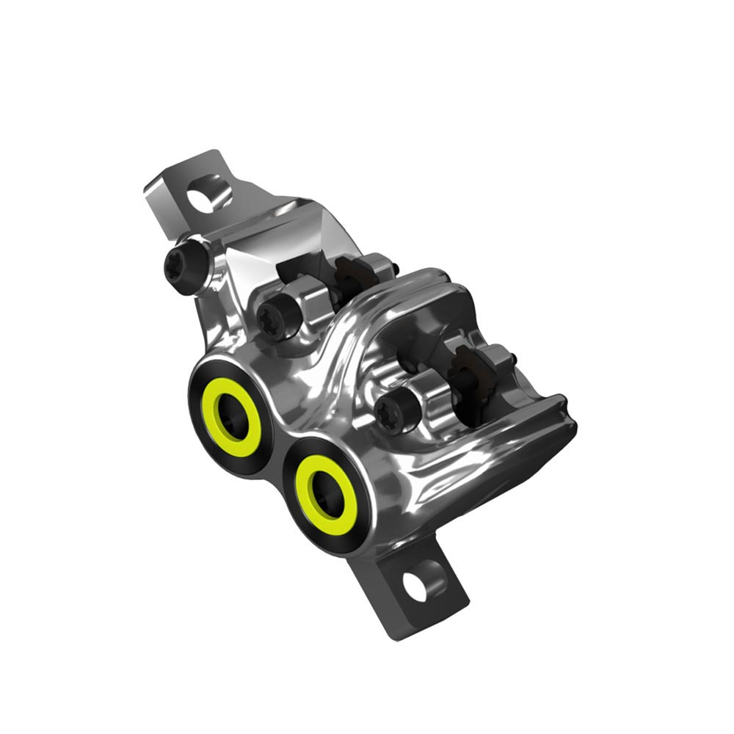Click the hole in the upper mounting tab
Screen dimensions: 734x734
pos(201,196)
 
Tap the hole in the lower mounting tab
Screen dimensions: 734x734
pos(416,585)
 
